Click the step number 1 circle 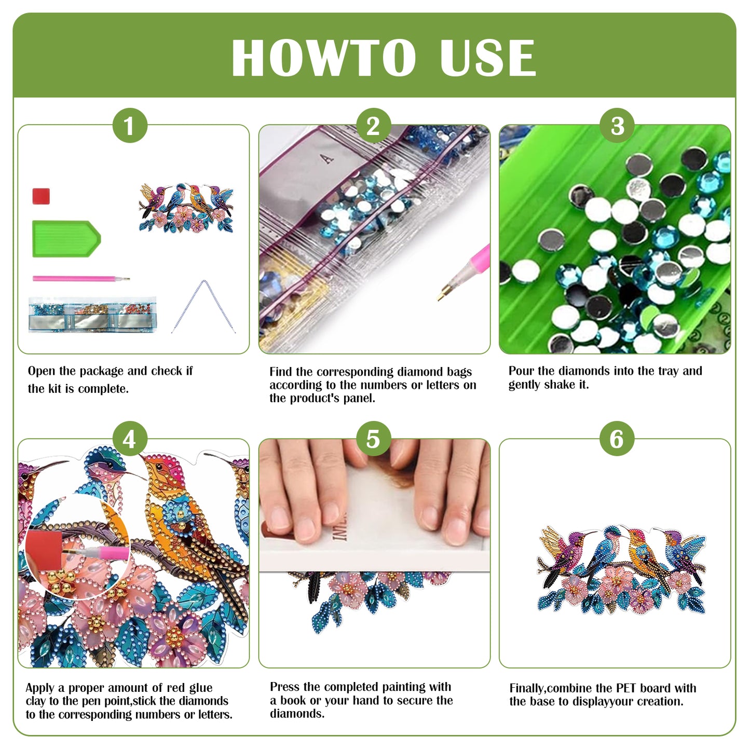click(x=130, y=126)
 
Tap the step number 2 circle click(x=373, y=126)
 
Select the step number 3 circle click(x=617, y=126)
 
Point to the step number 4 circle click(x=130, y=439)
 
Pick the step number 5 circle click(x=373, y=439)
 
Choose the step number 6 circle click(x=617, y=439)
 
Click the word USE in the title click(x=487, y=58)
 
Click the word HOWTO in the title click(x=323, y=58)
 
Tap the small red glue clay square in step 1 click(x=41, y=196)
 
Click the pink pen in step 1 click(x=80, y=279)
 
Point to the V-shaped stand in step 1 click(x=203, y=306)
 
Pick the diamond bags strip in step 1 click(x=92, y=315)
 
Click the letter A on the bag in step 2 click(x=328, y=158)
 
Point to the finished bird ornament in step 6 click(x=621, y=570)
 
